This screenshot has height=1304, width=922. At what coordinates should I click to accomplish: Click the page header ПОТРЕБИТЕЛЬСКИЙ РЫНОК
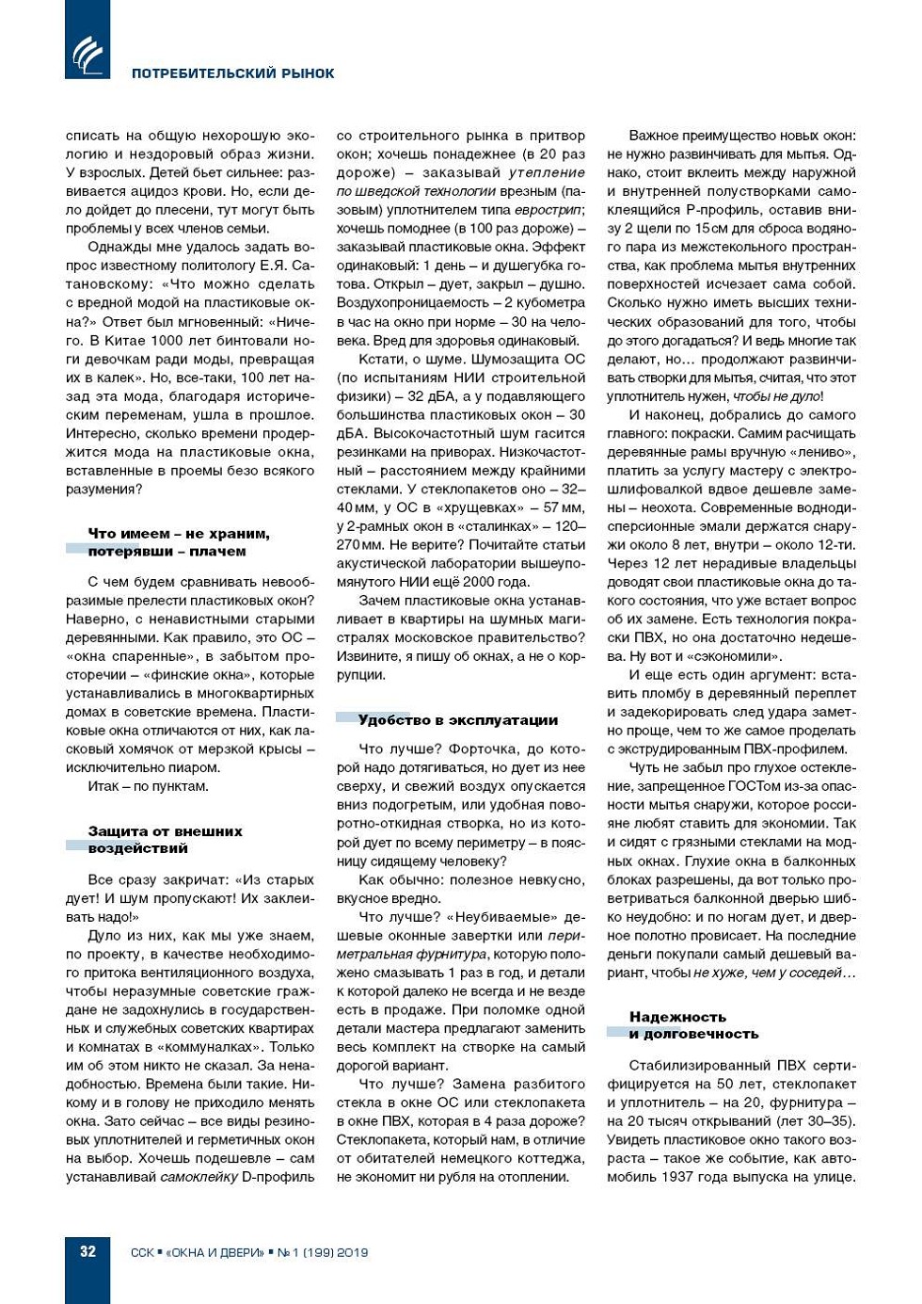pos(232,73)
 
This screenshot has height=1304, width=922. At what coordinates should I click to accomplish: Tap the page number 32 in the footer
pos(87,1251)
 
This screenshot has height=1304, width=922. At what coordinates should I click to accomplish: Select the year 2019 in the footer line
pos(352,1252)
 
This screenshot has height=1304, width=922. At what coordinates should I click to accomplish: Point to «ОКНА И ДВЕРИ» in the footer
pos(215,1252)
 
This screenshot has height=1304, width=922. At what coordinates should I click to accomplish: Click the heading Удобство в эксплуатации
pos(457,720)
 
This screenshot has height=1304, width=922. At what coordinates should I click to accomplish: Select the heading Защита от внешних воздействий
pos(166,839)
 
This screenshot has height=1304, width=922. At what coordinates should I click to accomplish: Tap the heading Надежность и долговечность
pos(693,1025)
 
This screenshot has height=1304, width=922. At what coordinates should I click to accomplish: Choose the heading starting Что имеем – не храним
pos(179,542)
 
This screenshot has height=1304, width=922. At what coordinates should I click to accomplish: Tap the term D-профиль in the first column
pos(278,1177)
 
